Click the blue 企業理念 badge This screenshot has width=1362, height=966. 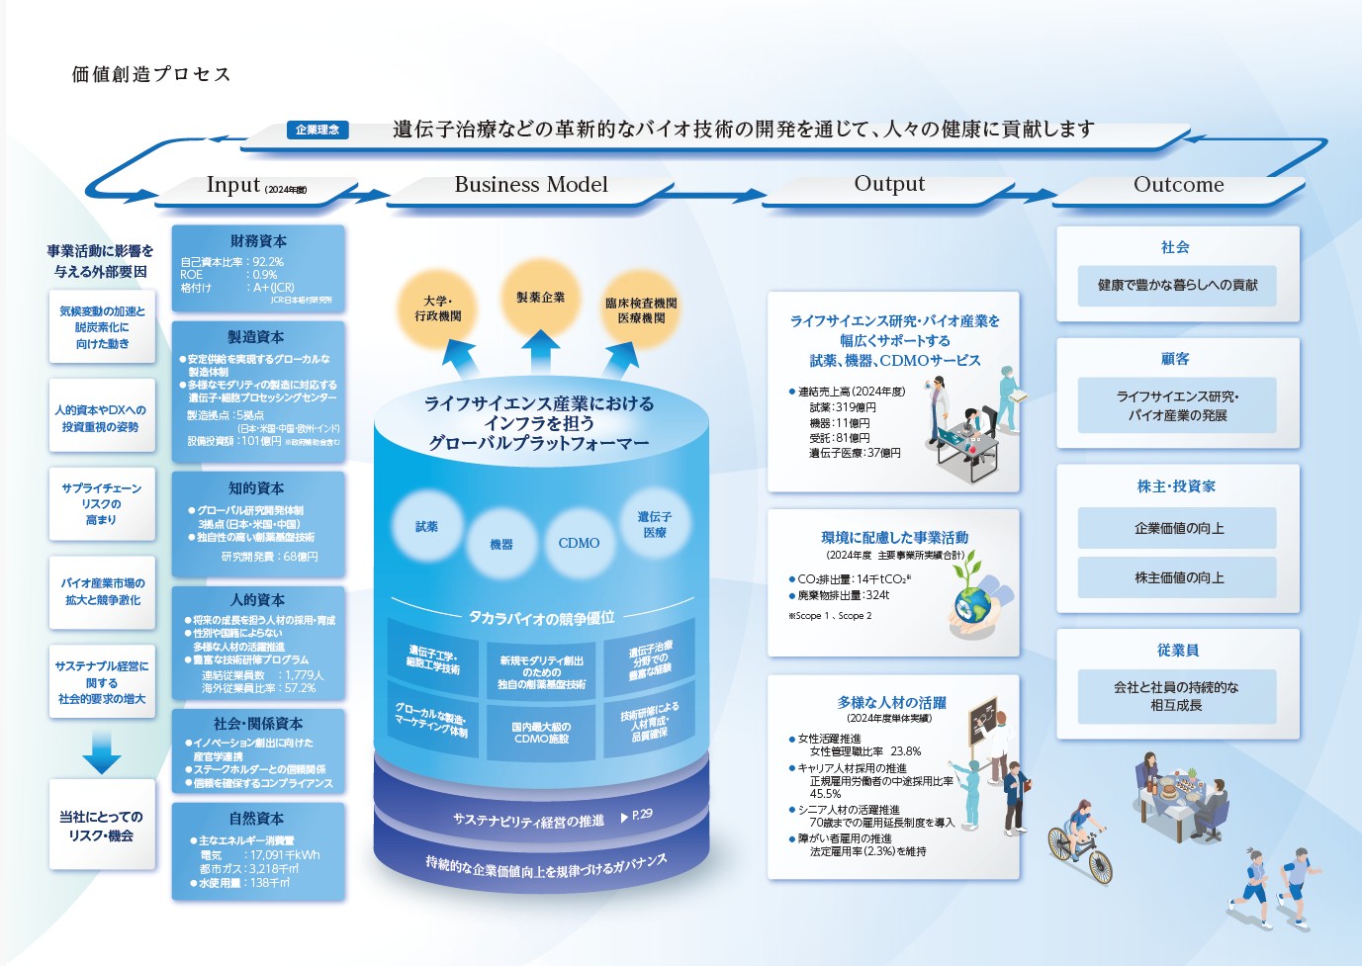click(318, 130)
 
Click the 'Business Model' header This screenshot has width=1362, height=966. click(531, 185)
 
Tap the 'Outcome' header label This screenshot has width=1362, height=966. click(1178, 185)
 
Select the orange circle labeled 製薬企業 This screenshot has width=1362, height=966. click(540, 298)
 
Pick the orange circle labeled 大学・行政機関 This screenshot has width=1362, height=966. click(437, 308)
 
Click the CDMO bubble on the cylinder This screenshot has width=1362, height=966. click(579, 543)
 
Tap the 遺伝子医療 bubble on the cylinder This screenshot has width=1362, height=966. click(654, 524)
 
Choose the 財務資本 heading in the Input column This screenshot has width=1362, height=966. click(258, 241)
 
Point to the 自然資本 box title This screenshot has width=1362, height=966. click(256, 819)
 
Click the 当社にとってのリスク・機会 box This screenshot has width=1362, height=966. click(102, 826)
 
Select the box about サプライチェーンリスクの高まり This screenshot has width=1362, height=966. click(102, 504)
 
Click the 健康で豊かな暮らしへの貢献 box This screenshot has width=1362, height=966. click(1177, 285)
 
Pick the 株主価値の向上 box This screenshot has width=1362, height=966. click(1178, 577)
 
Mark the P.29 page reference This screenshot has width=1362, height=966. click(638, 815)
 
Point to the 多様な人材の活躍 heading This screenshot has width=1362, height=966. click(891, 703)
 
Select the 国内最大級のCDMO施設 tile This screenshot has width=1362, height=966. click(541, 733)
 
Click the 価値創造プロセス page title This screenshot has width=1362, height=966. click(151, 74)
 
